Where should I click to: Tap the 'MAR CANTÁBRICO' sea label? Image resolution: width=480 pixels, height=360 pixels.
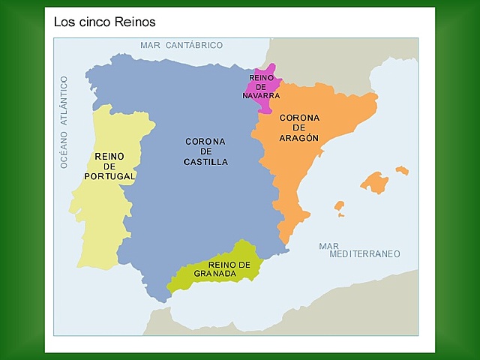(181, 45)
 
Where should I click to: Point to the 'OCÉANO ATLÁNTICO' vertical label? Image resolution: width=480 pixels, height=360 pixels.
(64, 121)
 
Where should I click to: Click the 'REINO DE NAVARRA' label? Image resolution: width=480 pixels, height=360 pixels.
(261, 86)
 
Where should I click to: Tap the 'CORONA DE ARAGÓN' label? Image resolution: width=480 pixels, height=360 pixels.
(299, 127)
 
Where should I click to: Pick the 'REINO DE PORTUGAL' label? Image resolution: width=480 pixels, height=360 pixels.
(109, 166)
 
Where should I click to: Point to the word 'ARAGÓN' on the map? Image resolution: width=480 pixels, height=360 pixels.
(299, 138)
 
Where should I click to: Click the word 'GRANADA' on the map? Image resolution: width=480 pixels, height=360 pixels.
(214, 274)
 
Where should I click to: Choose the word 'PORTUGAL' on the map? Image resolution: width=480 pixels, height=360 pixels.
(109, 176)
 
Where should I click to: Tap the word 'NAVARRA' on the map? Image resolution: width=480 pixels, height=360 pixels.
(261, 95)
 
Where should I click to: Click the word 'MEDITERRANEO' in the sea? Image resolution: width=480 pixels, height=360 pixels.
(364, 254)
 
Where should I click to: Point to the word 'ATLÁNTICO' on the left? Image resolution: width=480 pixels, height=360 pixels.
(64, 101)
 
